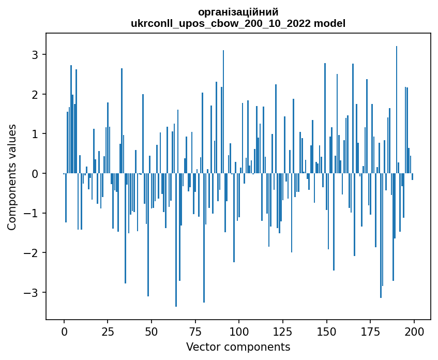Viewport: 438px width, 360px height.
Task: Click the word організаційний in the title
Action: (x=238, y=12)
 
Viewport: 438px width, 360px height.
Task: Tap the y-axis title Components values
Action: (x=12, y=177)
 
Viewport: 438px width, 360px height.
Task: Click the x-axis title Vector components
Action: (x=238, y=347)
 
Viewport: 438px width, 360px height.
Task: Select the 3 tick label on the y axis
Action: (x=36, y=55)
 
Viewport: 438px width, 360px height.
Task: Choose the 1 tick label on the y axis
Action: (x=36, y=134)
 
